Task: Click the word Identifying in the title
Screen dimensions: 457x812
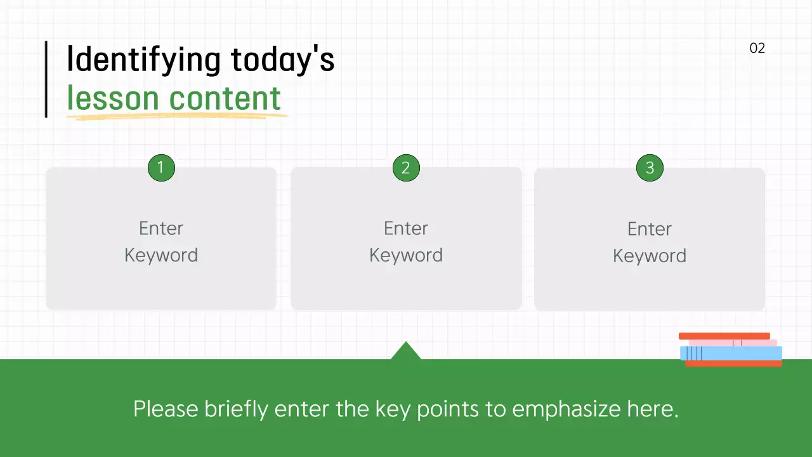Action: (144, 60)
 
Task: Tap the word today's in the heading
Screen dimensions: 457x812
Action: (282, 60)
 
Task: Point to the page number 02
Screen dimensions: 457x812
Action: (757, 48)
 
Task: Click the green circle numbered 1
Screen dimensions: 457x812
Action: (161, 168)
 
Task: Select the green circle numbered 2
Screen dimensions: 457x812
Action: (406, 168)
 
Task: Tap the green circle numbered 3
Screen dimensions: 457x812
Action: (650, 168)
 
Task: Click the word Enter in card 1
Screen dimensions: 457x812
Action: (161, 228)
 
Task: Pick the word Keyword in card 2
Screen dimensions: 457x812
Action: (406, 255)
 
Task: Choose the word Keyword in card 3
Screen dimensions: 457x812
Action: (650, 256)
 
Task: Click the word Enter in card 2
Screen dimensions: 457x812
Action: (406, 228)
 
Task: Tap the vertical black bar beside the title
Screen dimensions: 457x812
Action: (46, 79)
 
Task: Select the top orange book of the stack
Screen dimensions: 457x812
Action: (724, 336)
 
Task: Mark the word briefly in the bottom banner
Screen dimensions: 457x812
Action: (236, 409)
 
